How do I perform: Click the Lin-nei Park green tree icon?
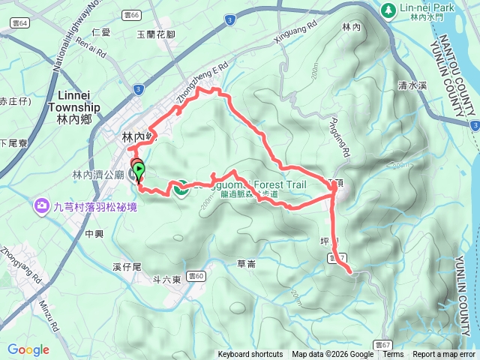tap(388, 10)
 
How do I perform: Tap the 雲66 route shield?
tap(133, 14)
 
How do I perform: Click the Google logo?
tap(28, 349)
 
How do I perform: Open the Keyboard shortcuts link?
tap(250, 355)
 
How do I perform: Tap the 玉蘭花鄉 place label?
tap(156, 34)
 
